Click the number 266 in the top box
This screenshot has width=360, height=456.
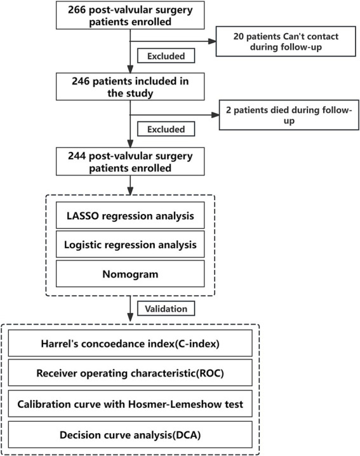77,10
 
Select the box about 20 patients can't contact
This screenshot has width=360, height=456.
286,41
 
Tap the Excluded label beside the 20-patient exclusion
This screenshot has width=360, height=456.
166,56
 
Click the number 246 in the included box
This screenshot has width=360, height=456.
81,81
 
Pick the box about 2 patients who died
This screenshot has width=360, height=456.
289,115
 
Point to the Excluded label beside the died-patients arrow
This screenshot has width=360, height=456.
166,129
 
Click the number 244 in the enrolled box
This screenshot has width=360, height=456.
77,156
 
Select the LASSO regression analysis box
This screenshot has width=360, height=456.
130,215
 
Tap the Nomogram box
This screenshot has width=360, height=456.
130,274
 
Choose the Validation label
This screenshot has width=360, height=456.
166,309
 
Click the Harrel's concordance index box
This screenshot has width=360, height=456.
130,343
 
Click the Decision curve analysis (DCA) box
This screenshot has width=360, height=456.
130,435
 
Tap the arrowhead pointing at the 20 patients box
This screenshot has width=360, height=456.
212,41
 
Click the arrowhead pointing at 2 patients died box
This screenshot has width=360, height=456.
215,115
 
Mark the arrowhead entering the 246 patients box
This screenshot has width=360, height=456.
130,69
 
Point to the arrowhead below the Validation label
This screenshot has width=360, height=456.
130,318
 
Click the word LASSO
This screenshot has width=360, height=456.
83,216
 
